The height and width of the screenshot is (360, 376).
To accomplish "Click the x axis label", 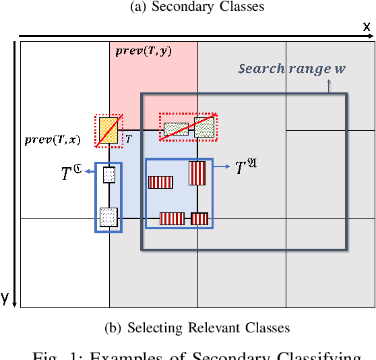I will [367, 26].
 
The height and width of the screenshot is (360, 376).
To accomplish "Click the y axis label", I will [5, 299].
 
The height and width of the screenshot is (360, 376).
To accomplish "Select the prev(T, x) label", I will [52, 140].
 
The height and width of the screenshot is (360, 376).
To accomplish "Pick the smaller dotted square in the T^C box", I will [108, 175].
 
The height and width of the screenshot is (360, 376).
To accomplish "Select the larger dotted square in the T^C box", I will [108, 216].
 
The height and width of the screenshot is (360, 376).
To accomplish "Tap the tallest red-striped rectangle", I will [197, 173].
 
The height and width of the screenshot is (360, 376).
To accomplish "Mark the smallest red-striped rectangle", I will [199, 218].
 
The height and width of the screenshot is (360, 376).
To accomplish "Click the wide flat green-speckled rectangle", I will [176, 129].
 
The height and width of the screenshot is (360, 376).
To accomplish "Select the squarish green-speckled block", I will [204, 127].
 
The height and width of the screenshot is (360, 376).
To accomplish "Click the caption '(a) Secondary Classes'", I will [189, 7].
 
